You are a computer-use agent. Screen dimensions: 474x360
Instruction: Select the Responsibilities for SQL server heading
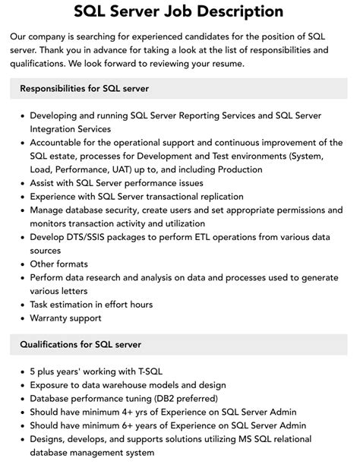tap(84, 88)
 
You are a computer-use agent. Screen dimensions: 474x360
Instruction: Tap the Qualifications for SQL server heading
tap(81, 344)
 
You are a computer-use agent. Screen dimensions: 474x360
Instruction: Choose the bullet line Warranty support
tap(65, 318)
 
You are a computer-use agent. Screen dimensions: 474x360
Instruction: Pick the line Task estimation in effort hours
tap(91, 305)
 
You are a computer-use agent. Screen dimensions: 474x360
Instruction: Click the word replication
tap(237, 197)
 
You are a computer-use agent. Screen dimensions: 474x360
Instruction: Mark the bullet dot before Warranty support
tap(21, 318)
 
